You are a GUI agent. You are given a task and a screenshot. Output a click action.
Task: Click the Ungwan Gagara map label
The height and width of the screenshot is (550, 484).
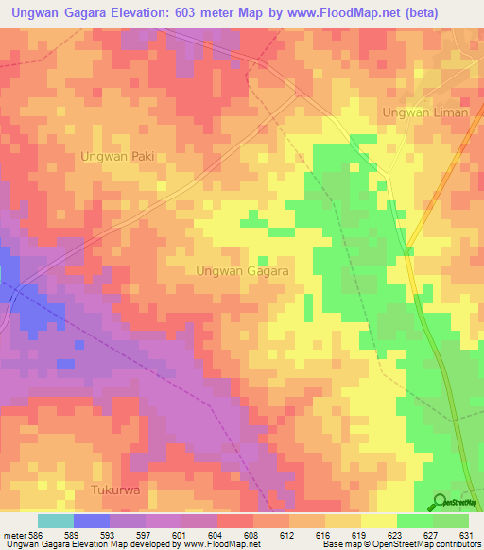pyautogui.click(x=242, y=270)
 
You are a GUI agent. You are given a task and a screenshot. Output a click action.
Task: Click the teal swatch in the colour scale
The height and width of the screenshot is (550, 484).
pyautogui.click(x=56, y=521)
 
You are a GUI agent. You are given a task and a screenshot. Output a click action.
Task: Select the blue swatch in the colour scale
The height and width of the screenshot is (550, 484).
pyautogui.click(x=92, y=521)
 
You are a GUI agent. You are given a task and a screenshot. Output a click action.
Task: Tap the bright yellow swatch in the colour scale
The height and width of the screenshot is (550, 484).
pyautogui.click(x=379, y=521)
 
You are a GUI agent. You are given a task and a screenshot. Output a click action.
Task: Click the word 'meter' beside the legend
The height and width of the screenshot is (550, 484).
pyautogui.click(x=16, y=535)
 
